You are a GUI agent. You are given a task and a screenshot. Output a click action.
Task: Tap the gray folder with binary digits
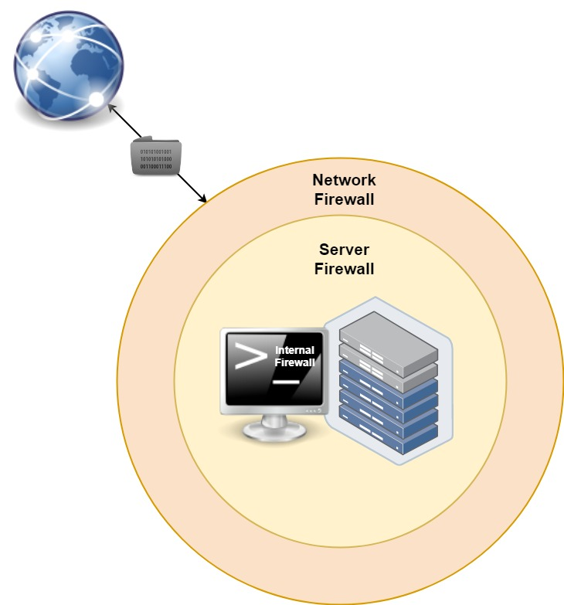click(x=157, y=158)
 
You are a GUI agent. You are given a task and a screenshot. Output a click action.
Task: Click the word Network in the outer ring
click(x=344, y=180)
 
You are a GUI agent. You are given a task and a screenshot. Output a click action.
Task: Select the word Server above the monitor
click(x=344, y=250)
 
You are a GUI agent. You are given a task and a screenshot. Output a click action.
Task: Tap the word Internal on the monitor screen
click(x=294, y=350)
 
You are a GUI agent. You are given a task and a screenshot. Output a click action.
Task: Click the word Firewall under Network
click(x=344, y=199)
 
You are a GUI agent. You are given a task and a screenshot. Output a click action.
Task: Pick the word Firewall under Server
click(x=344, y=269)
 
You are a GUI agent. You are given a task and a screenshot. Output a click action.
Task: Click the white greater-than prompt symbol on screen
click(x=250, y=357)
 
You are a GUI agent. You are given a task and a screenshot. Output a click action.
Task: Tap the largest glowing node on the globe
click(x=97, y=98)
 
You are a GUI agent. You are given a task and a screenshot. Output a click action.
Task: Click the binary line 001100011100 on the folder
click(x=156, y=165)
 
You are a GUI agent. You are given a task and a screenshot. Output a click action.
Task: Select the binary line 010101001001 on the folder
click(x=156, y=152)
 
